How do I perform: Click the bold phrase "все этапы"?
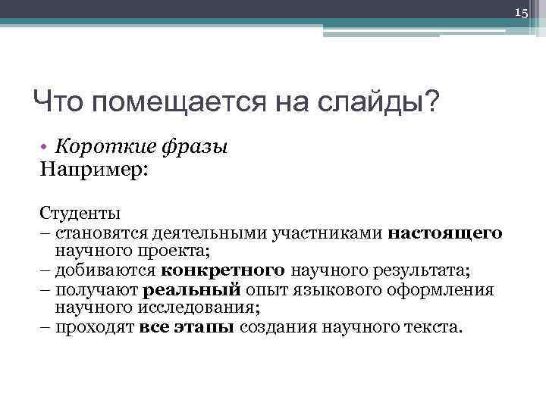tap(187, 328)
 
